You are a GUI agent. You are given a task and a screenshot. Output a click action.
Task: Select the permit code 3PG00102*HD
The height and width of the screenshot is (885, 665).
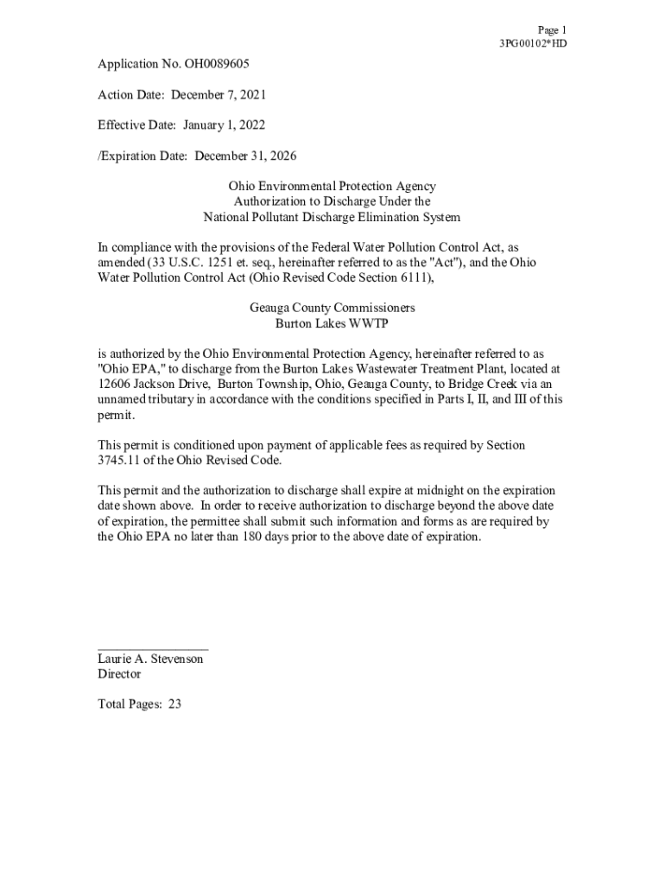click(x=533, y=43)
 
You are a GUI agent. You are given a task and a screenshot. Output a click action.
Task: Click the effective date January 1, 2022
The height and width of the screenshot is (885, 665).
click(x=224, y=124)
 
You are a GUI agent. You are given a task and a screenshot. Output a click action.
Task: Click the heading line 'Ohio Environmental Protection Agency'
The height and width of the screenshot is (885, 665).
click(x=332, y=186)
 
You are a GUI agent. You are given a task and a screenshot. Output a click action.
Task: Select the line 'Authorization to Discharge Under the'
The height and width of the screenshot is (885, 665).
click(x=332, y=201)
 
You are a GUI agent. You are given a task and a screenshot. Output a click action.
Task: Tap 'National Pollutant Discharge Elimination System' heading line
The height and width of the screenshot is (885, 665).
click(x=332, y=217)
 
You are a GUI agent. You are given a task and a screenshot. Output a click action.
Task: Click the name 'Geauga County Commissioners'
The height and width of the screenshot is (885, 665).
click(x=332, y=308)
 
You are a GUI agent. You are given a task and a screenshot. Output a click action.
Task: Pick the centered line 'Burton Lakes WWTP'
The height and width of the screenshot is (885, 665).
click(x=332, y=323)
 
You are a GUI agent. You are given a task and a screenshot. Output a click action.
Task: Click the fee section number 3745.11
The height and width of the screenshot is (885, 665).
click(x=121, y=460)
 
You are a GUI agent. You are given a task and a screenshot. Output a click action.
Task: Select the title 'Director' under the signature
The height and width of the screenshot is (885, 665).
click(x=119, y=673)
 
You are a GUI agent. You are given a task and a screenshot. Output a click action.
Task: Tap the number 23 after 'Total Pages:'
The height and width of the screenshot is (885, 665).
click(x=174, y=704)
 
